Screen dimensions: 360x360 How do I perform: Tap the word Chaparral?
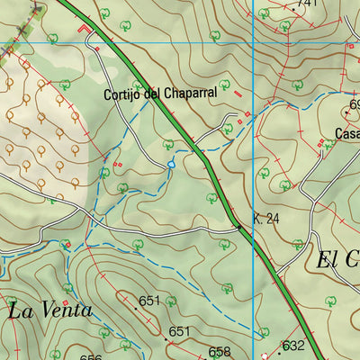click(189, 93)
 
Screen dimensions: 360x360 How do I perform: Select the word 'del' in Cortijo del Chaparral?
click(154, 94)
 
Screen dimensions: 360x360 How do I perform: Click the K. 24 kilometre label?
click(267, 219)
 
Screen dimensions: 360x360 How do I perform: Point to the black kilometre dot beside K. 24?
click(237, 229)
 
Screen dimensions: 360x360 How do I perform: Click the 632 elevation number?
click(293, 346)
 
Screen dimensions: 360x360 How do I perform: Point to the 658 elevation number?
click(220, 352)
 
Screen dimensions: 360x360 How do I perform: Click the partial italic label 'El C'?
click(338, 261)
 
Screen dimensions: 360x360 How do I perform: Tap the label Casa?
click(347, 134)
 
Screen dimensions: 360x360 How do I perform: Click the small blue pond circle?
click(170, 165)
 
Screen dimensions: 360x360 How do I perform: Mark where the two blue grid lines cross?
click(254, 43)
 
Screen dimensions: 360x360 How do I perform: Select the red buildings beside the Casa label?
click(320, 141)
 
